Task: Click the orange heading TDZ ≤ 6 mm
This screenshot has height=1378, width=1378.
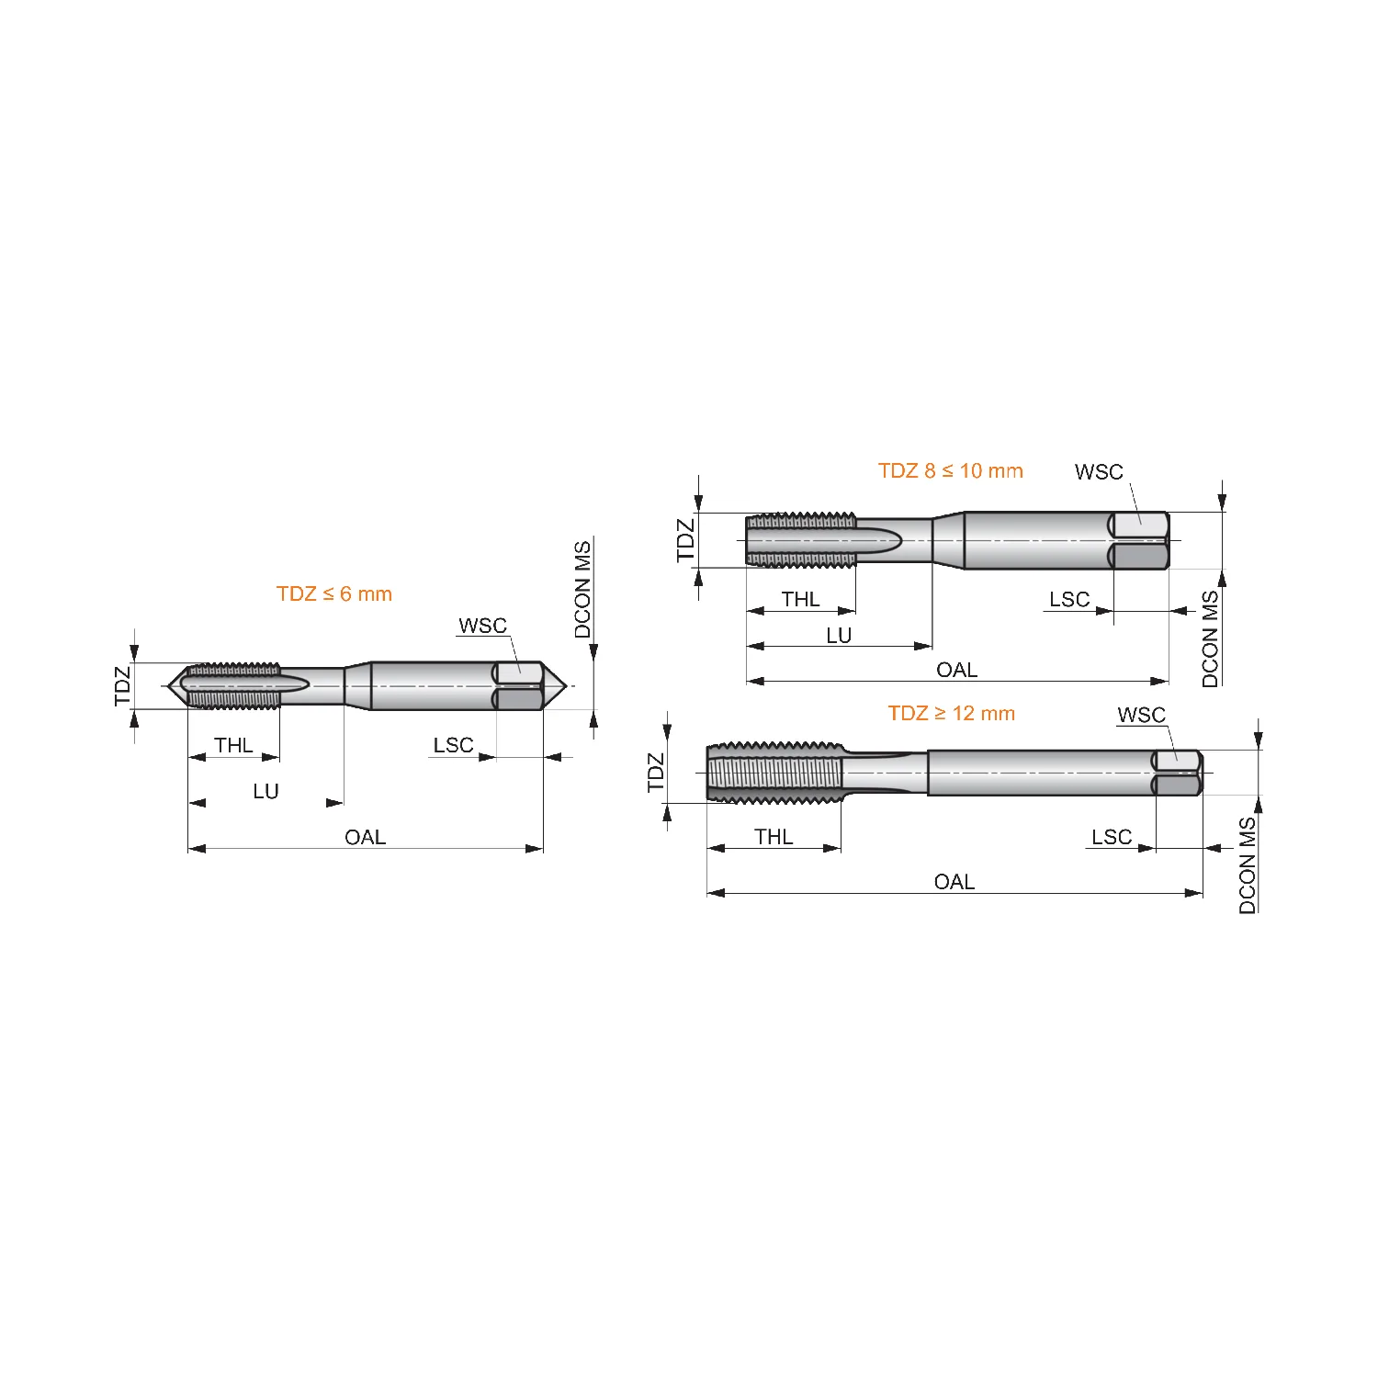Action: coord(334,593)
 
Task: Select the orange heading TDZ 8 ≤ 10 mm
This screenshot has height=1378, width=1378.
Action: coord(951,470)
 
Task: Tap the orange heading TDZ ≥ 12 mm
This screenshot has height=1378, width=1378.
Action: coord(952,713)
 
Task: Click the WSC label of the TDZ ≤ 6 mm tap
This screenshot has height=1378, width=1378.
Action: coord(482,626)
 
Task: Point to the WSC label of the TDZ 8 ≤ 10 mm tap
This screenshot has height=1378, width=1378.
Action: coord(1099,472)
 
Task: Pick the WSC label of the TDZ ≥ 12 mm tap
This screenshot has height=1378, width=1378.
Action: coord(1141,715)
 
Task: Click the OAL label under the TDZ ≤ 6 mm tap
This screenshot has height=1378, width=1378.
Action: coord(365,837)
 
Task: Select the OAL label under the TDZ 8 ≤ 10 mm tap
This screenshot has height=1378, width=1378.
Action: coord(956,670)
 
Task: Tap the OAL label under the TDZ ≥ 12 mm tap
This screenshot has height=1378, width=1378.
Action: coord(954,882)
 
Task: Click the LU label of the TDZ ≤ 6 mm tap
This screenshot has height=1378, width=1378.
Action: coord(265,791)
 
